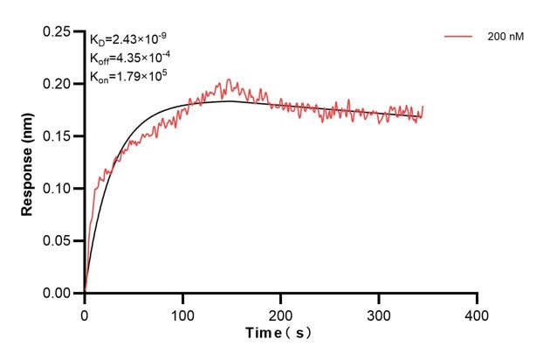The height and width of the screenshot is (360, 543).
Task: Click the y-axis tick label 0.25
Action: tap(57, 31)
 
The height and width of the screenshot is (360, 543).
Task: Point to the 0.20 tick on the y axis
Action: tap(57, 84)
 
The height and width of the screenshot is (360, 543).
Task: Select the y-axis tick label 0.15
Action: tap(57, 136)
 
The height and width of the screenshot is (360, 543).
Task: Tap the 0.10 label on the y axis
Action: tap(57, 189)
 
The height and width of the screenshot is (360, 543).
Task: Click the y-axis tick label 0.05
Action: tap(57, 241)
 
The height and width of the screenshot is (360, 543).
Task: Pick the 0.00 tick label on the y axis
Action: tap(57, 294)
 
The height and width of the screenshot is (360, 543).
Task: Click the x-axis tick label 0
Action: tap(85, 312)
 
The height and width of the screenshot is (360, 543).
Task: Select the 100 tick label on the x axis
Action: tap(182, 312)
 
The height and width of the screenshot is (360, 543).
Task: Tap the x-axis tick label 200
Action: tap(280, 312)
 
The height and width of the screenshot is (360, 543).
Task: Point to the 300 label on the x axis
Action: tap(379, 312)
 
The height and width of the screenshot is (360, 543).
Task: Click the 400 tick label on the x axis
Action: tap(477, 312)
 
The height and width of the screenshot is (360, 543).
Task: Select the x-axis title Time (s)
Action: tap(277, 333)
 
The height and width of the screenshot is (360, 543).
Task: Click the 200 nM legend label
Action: tap(505, 38)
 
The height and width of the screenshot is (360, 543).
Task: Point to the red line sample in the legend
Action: tap(458, 38)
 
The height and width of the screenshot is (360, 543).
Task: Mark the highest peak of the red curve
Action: tap(229, 80)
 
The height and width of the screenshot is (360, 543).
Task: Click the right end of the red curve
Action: tap(423, 107)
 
